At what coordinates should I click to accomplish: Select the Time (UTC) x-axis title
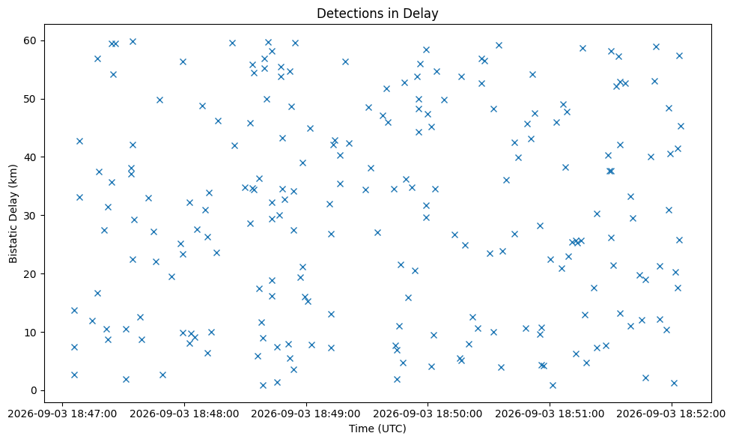click(x=377, y=429)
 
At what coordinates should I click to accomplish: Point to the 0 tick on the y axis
click(x=34, y=390)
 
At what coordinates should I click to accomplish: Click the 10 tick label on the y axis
click(x=31, y=333)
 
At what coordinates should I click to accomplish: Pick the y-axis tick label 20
click(x=31, y=274)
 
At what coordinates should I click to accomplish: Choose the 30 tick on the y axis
click(x=31, y=216)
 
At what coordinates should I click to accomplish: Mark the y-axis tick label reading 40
click(x=31, y=157)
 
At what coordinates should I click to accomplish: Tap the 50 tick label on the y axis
click(x=31, y=99)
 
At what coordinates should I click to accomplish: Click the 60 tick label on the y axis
click(x=31, y=40)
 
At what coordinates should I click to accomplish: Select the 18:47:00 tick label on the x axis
click(x=63, y=414)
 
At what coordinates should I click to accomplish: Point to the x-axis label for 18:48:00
click(x=184, y=414)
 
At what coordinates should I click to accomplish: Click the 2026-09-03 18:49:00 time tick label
click(x=306, y=414)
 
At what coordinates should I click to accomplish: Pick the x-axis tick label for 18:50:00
click(x=428, y=414)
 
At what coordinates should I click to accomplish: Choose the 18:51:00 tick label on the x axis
click(x=550, y=414)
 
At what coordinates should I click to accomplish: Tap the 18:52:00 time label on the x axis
click(x=672, y=414)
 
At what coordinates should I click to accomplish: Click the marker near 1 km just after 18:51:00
click(x=553, y=385)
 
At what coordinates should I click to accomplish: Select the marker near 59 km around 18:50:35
click(x=499, y=46)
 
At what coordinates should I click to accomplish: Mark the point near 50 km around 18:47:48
click(x=159, y=100)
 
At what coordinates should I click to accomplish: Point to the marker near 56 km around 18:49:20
click(x=345, y=61)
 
